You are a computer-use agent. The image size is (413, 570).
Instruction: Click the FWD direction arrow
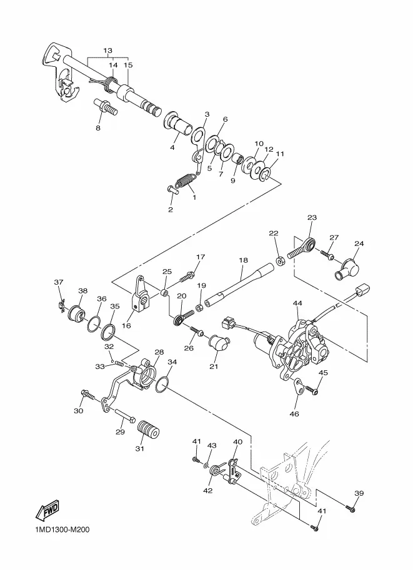tap(47, 511)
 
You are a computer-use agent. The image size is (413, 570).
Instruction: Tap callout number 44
tap(297, 303)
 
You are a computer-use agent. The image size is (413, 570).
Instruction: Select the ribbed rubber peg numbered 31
tap(149, 430)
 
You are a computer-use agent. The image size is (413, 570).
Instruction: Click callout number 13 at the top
tap(107, 51)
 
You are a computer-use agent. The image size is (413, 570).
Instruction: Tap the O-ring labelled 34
tap(162, 384)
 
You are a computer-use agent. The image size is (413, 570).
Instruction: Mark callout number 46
tap(294, 414)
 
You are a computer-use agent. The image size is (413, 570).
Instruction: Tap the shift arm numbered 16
tap(139, 295)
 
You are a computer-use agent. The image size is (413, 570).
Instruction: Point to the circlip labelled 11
tap(266, 174)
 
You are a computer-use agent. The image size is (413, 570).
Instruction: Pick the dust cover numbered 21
tap(219, 343)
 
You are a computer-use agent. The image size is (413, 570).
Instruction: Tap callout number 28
tap(159, 352)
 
